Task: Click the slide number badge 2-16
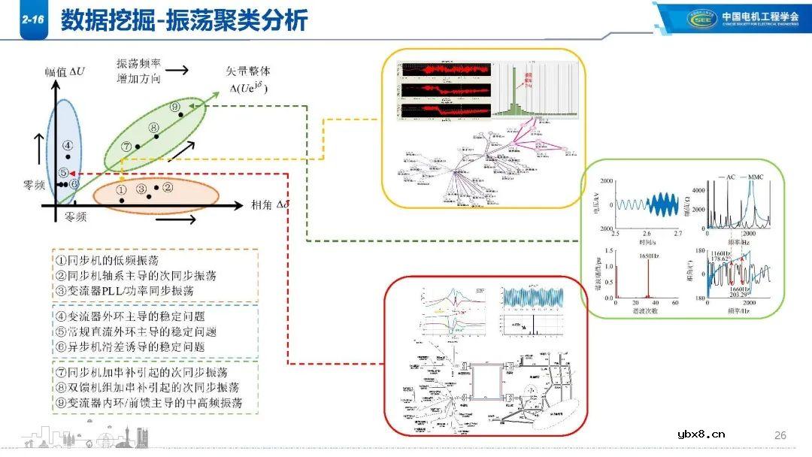click(x=32, y=22)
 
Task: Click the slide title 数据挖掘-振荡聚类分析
click(x=183, y=21)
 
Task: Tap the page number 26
click(x=780, y=435)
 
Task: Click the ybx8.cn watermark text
click(x=701, y=434)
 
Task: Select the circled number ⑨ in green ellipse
click(x=175, y=107)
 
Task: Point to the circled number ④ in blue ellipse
click(x=67, y=145)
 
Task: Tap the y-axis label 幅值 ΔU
click(x=65, y=72)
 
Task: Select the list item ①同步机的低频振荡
click(x=107, y=260)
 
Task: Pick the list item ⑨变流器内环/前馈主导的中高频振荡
click(x=149, y=403)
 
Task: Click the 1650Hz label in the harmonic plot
click(x=650, y=256)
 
